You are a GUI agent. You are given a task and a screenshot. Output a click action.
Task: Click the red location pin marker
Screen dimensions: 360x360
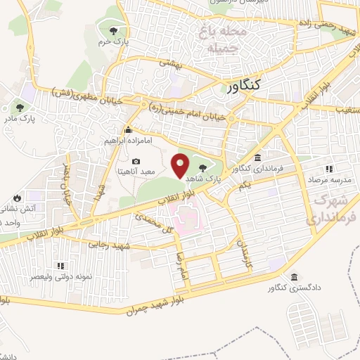click(181, 166)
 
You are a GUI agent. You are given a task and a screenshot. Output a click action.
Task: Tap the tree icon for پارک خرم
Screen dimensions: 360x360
click(114, 30)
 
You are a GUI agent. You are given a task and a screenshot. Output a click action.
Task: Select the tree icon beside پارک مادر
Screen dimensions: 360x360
click(20, 108)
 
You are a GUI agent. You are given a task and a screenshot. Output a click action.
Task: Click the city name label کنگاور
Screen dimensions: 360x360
click(245, 84)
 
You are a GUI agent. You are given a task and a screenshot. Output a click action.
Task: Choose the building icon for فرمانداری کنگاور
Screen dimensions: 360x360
click(259, 157)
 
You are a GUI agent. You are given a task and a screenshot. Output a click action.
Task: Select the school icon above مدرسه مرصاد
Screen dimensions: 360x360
click(328, 169)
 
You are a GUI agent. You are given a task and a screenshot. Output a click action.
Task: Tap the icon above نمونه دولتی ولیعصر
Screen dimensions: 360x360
click(60, 266)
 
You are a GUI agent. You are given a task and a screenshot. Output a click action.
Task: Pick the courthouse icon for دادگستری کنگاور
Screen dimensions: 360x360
click(292, 276)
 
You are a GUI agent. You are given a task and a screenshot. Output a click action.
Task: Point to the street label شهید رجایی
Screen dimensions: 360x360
click(105, 244)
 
